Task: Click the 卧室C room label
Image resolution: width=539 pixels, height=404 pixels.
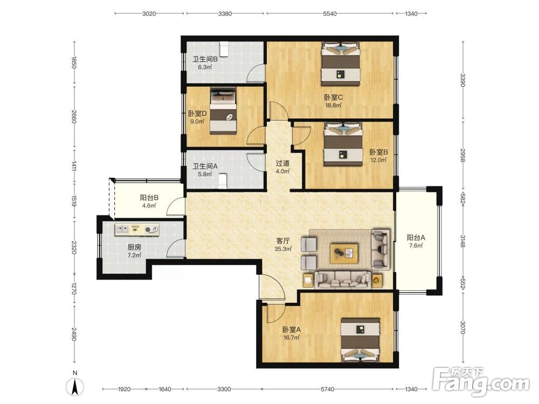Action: [334, 97]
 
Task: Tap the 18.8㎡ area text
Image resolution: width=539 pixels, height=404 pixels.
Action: [334, 105]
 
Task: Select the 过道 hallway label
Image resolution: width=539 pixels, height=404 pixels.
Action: [282, 163]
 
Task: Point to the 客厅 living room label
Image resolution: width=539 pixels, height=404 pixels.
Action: [283, 240]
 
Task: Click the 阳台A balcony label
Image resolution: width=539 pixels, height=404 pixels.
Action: [416, 238]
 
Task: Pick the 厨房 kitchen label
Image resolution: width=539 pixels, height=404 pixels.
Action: [134, 247]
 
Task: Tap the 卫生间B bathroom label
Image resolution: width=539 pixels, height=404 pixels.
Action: [205, 59]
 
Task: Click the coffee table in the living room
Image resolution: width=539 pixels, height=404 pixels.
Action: [344, 254]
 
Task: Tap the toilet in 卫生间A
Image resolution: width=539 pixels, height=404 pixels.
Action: [223, 181]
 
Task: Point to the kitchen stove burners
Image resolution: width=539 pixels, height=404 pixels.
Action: [151, 229]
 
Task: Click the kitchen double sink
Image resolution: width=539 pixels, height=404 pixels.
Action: [122, 229]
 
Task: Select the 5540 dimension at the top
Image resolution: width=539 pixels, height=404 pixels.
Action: [330, 14]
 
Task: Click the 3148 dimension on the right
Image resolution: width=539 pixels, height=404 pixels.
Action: [462, 241]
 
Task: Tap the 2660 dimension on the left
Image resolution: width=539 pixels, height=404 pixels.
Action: [74, 117]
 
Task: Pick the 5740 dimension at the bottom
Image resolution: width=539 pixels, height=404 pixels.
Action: [327, 389]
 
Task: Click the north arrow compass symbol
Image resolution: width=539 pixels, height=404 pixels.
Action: [75, 386]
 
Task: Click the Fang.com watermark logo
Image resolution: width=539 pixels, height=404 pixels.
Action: [481, 381]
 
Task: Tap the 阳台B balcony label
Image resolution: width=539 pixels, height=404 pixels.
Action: [149, 198]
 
